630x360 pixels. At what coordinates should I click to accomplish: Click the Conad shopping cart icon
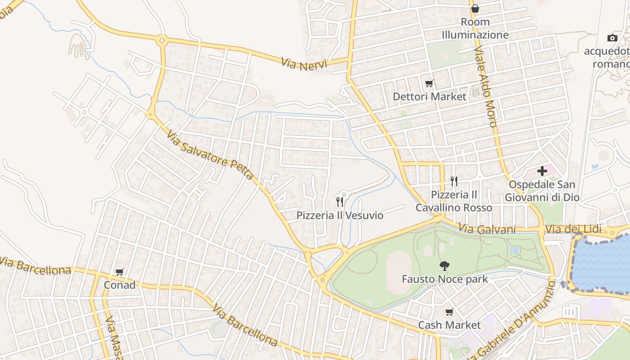[x=119, y=272]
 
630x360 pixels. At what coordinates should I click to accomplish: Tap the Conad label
[x=119, y=285]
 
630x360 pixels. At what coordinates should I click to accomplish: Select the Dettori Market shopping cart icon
[x=429, y=83]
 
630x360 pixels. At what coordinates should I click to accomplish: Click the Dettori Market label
[x=429, y=96]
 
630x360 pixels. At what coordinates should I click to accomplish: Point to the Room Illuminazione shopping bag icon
[x=475, y=9]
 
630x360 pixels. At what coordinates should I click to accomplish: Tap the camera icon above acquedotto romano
[x=612, y=38]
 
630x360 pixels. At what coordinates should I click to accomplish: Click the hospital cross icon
[x=542, y=171]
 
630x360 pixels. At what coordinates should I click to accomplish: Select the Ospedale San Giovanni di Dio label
[x=542, y=191]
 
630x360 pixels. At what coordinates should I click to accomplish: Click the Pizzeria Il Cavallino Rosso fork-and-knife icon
[x=454, y=181]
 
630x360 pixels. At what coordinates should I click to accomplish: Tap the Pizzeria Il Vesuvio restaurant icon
[x=340, y=202]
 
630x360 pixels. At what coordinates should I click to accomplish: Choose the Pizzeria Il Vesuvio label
[x=340, y=215]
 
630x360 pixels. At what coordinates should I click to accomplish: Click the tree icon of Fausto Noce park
[x=444, y=266]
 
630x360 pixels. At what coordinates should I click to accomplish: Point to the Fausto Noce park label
[x=444, y=279]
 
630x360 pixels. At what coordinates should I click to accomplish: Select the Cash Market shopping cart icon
[x=449, y=312]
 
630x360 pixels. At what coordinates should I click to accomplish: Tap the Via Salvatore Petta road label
[x=210, y=155]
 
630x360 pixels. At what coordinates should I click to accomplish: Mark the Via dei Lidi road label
[x=573, y=229]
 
